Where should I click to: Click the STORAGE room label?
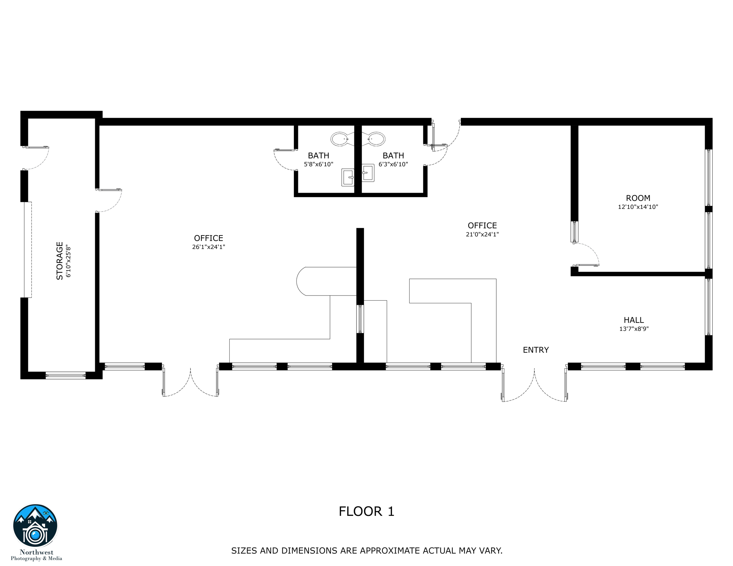coord(59,261)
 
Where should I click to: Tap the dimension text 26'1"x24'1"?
coord(208,247)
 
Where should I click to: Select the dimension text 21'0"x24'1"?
coord(482,234)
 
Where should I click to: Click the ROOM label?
coord(638,198)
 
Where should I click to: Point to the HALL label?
coord(633,320)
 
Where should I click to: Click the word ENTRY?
coord(536,350)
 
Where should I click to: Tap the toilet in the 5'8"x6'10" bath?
coord(340,139)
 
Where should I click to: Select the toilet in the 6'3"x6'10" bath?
coord(376,139)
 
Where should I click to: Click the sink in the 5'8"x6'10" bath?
coord(348,177)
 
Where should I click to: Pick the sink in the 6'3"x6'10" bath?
coord(368,173)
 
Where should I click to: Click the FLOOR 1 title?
coord(366,511)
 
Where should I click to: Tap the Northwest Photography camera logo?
coord(35,526)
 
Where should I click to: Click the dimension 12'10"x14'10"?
coord(638,207)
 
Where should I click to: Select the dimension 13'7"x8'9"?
coord(633,329)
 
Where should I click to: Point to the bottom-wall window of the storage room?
coord(66,376)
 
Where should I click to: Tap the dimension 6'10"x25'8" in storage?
coord(69,261)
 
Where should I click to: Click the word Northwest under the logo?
coord(37,552)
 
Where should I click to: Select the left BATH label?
coord(318,156)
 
